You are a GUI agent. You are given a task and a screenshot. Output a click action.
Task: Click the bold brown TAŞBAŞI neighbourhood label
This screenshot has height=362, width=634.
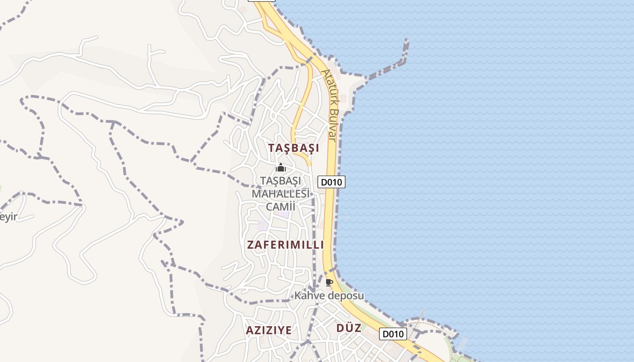pyautogui.click(x=293, y=148)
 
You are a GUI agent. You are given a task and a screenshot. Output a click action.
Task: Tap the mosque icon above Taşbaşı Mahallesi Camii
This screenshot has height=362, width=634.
pyautogui.click(x=281, y=168)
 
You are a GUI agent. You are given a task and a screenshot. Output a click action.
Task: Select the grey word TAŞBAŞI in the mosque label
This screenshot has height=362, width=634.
pyautogui.click(x=281, y=181)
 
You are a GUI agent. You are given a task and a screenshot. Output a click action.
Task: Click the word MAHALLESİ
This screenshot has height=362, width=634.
pyautogui.click(x=281, y=194)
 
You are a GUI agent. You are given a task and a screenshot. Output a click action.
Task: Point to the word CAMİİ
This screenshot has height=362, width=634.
pyautogui.click(x=280, y=207)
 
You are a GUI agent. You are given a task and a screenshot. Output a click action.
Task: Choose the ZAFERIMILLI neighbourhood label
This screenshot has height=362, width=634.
pyautogui.click(x=285, y=245)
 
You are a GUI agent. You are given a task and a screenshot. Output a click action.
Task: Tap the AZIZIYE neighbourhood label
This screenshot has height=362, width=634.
pyautogui.click(x=269, y=330)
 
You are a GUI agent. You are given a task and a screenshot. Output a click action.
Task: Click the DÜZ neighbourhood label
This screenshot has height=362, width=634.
pyautogui.click(x=349, y=328)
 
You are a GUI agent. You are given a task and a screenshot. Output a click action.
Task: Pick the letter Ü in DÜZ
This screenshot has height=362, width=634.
pyautogui.click(x=349, y=328)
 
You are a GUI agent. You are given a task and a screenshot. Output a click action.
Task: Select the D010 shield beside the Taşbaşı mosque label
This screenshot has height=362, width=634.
pyautogui.click(x=331, y=182)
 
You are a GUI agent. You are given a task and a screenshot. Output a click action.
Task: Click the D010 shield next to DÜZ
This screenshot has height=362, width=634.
pyautogui.click(x=393, y=334)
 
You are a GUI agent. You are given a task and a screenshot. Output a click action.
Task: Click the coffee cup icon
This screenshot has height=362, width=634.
pyautogui.click(x=329, y=283)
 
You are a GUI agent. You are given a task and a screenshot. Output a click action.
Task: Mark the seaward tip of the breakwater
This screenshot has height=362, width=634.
pyautogui.click(x=406, y=42)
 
